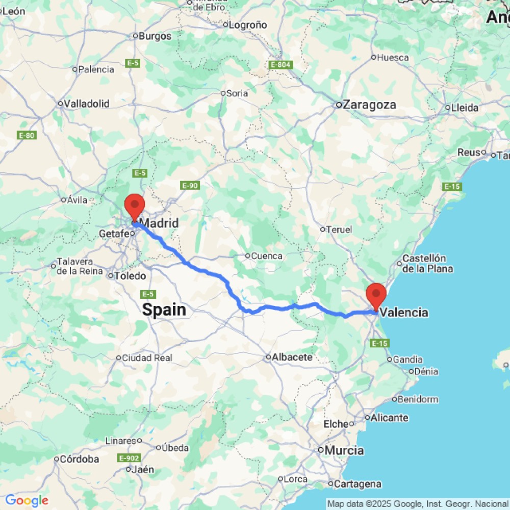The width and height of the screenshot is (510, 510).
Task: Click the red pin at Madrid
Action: [x=135, y=206]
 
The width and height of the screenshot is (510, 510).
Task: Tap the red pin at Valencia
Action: [x=376, y=295]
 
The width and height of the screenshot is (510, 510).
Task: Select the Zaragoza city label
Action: [x=370, y=105]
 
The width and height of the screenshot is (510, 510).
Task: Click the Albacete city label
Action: [x=292, y=357]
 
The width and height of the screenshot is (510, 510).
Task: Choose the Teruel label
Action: [x=339, y=229]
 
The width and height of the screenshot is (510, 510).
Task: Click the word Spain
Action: [x=164, y=309]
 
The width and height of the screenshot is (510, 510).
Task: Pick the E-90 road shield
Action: [x=190, y=186]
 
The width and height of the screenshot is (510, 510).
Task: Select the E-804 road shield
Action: [x=280, y=65]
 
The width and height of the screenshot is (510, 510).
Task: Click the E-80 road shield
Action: [x=27, y=135]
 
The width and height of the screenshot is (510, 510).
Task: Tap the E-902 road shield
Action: [x=129, y=458]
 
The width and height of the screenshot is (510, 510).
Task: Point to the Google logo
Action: [x=27, y=500]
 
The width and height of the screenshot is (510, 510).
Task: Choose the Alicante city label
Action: [x=390, y=418]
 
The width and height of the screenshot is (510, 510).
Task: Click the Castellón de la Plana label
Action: [x=424, y=263]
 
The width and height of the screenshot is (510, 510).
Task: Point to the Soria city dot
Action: [x=222, y=93]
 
